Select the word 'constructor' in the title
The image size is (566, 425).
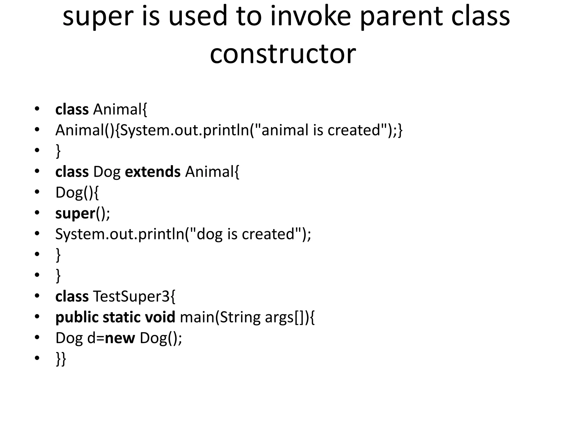pos(283,53)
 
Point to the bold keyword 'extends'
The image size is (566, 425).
pos(153,172)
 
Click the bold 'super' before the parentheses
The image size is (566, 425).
pos(75,214)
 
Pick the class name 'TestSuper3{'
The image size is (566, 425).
pos(134,296)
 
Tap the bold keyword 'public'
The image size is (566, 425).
pos(77,317)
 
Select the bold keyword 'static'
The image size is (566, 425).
pos(121,317)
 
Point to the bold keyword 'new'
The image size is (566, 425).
pos(120,338)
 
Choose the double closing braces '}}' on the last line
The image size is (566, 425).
pos(61,359)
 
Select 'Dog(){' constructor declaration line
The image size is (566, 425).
pos(77,193)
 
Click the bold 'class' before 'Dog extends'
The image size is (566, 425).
pos(72,172)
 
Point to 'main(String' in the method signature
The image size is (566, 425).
pos(220,317)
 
